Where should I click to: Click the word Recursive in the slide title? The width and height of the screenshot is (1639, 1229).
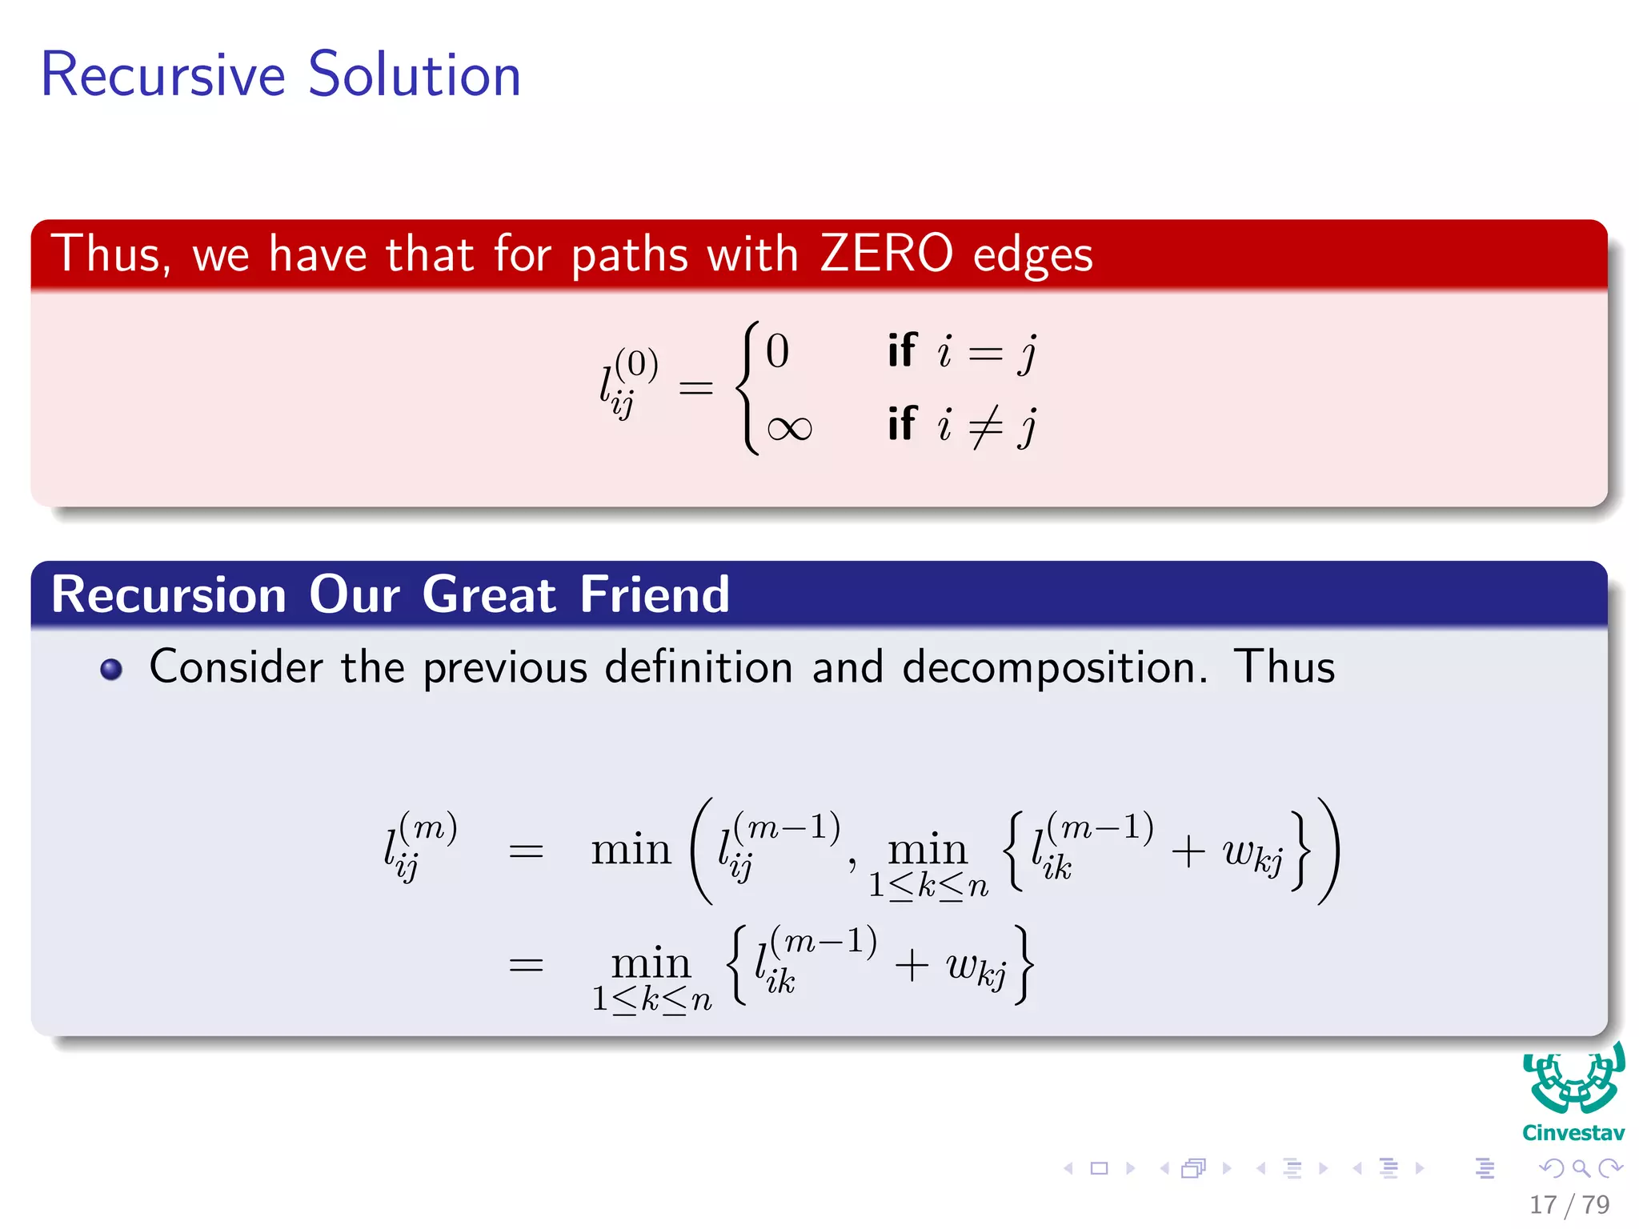click(x=162, y=74)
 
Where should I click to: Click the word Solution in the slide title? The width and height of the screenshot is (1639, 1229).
click(x=414, y=74)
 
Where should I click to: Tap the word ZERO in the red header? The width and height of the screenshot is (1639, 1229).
click(x=886, y=254)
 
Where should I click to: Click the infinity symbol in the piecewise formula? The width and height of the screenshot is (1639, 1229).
click(x=789, y=429)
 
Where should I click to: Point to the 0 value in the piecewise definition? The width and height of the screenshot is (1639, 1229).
click(x=777, y=351)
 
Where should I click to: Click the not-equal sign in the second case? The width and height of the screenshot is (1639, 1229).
click(x=985, y=426)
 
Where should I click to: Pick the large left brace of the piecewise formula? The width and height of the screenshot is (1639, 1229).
click(x=748, y=388)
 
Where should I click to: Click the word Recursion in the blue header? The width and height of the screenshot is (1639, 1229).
click(x=169, y=595)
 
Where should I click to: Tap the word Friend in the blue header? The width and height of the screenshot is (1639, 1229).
click(x=655, y=595)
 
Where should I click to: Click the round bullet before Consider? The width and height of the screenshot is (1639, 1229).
click(x=111, y=669)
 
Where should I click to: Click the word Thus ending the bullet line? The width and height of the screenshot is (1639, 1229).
click(x=1284, y=667)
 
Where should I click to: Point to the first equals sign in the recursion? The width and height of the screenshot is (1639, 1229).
click(x=526, y=851)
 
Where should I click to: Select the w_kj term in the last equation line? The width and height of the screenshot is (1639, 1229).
click(x=976, y=968)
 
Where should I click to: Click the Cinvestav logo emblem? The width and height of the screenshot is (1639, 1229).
click(x=1573, y=1080)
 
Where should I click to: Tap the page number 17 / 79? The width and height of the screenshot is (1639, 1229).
click(x=1569, y=1204)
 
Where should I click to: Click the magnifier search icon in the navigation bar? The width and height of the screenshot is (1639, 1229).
click(x=1581, y=1169)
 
